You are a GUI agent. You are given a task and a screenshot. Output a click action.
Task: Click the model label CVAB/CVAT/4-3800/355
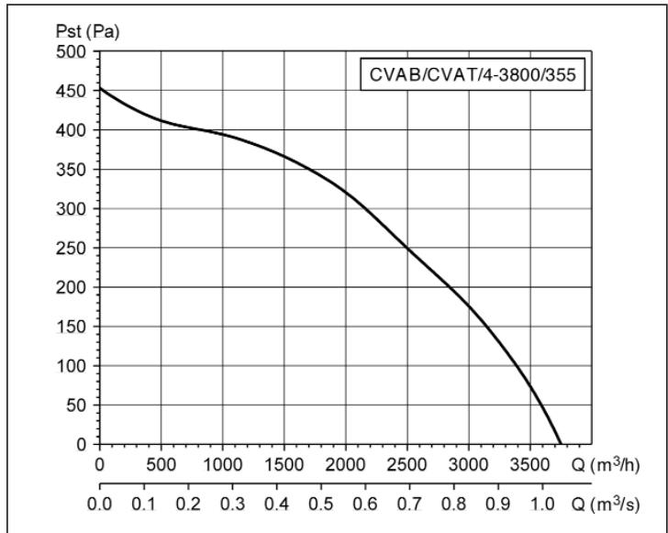coord(474,75)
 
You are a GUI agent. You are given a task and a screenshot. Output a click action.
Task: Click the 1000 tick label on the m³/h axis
coord(223,463)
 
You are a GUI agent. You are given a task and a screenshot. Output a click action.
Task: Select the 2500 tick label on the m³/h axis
coord(407,463)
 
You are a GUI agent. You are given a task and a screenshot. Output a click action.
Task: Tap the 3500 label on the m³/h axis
coord(530,463)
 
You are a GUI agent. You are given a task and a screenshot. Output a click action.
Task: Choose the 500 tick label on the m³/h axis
coord(161,463)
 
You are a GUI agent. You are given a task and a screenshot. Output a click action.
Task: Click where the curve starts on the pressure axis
coord(99,88)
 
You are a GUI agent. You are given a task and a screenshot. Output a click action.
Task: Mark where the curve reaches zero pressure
coord(560,444)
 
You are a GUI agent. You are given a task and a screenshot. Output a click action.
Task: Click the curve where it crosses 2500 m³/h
coord(407,248)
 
